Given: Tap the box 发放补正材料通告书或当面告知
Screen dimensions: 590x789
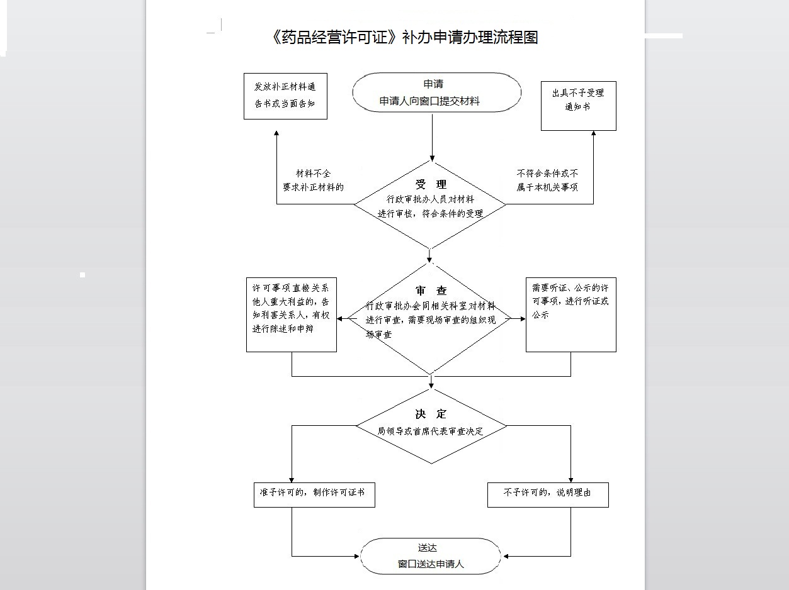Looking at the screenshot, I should coord(285,96).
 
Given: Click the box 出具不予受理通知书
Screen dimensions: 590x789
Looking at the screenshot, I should coord(578,106).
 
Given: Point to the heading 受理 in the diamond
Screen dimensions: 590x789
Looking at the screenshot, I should coord(431,184).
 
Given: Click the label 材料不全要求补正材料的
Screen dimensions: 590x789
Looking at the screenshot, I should coord(313,180).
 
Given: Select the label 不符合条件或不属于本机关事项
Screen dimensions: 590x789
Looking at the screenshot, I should coord(547,180).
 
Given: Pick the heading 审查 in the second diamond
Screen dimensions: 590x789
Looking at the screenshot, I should coord(431,291).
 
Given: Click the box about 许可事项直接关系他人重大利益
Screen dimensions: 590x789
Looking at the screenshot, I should coord(291,314).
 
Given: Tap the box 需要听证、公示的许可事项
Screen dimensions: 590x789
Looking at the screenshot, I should coord(570,314).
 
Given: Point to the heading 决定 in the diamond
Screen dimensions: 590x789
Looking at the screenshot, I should coord(431,414).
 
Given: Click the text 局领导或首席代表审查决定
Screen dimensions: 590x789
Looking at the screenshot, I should coord(430,431).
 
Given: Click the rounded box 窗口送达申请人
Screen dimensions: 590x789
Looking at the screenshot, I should coord(431,556).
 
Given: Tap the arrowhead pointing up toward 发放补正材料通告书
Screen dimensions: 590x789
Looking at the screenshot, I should coord(276,134).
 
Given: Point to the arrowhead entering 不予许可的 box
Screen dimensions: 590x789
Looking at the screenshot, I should coord(571,479).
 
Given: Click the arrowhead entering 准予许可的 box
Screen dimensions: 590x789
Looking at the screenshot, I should coord(292,479).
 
